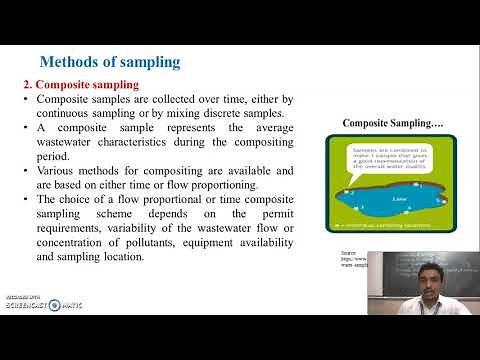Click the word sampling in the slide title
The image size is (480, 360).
click(x=153, y=62)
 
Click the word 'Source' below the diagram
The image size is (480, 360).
click(x=349, y=255)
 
